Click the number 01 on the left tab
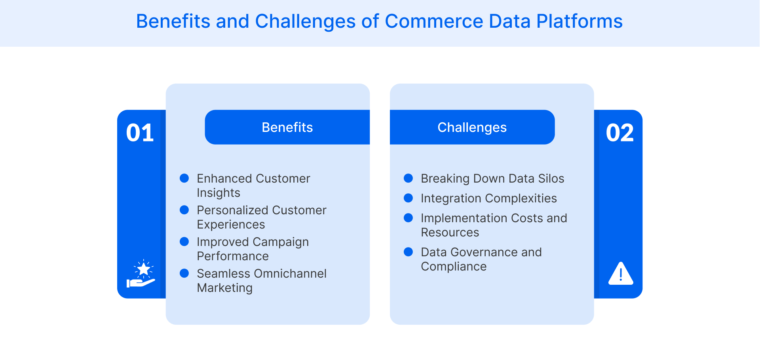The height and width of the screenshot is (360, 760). click(140, 133)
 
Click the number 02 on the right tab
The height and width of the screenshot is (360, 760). click(619, 133)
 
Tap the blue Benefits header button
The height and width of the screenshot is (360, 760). click(287, 127)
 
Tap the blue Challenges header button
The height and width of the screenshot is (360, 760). click(472, 127)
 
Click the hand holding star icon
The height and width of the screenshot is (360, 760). click(141, 274)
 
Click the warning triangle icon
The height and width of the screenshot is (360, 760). click(620, 274)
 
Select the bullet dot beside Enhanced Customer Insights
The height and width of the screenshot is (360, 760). click(184, 178)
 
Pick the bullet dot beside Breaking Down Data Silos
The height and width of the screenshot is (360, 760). click(408, 178)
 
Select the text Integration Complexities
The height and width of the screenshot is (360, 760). click(488, 198)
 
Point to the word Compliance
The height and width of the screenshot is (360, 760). click(454, 267)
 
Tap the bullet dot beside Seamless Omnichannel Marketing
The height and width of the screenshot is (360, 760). click(184, 273)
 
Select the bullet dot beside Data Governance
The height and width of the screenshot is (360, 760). click(408, 252)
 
